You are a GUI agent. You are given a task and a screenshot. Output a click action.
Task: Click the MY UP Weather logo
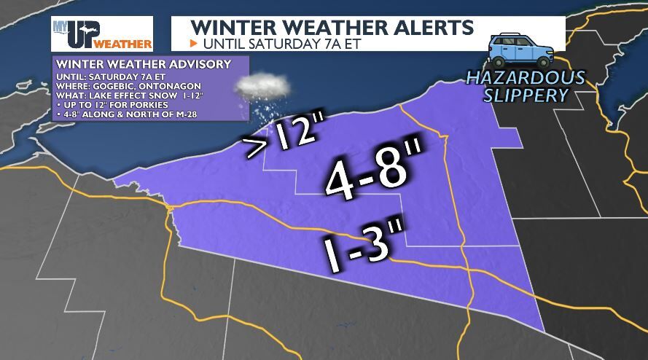click(x=101, y=34)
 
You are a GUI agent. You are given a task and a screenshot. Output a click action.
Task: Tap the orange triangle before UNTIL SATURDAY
click(x=194, y=43)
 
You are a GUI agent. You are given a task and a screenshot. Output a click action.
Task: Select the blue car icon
click(x=521, y=50)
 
